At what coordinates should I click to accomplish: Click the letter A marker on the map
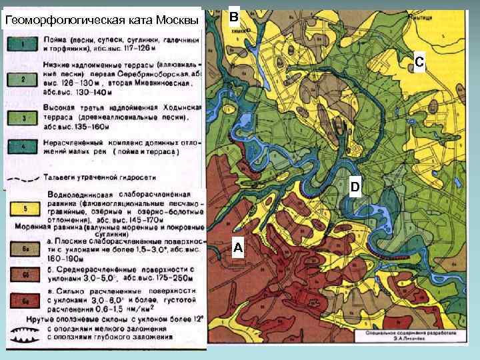pos(238,248)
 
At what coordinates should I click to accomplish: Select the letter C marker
pos(419,62)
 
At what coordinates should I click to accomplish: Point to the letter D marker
pos(355,187)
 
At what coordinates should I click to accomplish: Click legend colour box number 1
pos(23,45)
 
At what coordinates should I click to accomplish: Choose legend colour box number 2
pos(23,79)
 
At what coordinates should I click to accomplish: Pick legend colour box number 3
pos(23,116)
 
